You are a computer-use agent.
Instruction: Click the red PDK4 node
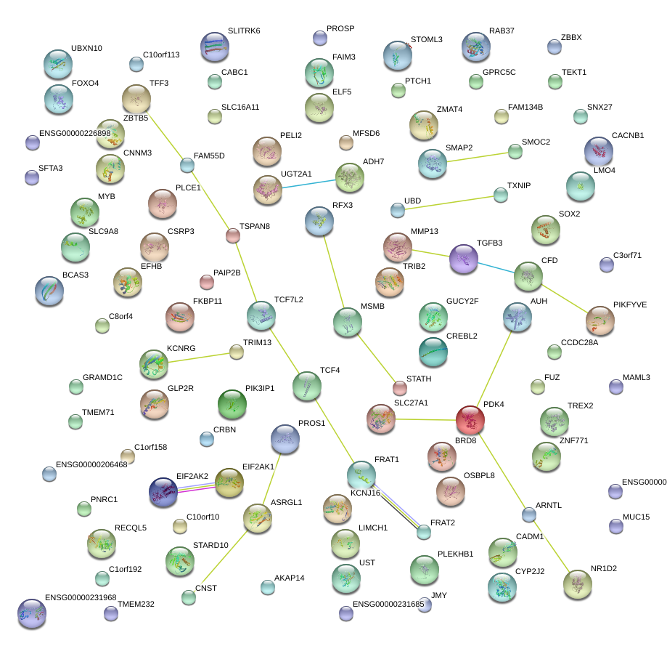[x=470, y=419]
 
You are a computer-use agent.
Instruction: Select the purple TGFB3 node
[x=463, y=259]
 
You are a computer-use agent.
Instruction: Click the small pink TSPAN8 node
[x=233, y=235]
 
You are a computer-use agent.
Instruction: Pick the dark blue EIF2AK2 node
[x=163, y=492]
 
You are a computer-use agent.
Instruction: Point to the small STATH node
[x=400, y=387]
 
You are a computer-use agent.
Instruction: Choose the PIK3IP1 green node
[x=232, y=404]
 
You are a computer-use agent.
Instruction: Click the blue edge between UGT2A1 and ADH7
[x=308, y=182]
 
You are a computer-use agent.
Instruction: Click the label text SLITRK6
[x=243, y=31]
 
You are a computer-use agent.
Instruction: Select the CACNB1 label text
[x=627, y=136]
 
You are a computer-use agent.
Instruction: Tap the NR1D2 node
[x=577, y=582]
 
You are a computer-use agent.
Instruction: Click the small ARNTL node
[x=529, y=514]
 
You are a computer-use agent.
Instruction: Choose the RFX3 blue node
[x=319, y=221]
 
